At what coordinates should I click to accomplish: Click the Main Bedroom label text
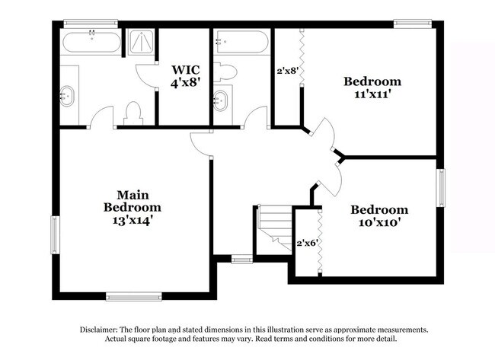click(x=133, y=200)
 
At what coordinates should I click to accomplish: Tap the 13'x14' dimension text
click(x=133, y=218)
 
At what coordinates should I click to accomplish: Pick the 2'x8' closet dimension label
click(x=286, y=71)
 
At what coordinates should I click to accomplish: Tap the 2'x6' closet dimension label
click(x=307, y=244)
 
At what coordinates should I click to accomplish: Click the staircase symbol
click(x=275, y=226)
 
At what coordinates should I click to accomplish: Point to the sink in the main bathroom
click(x=69, y=96)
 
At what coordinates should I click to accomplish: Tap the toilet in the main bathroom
click(x=133, y=113)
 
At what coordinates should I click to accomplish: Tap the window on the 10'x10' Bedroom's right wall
click(x=440, y=187)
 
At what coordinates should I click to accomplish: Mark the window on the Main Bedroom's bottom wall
click(x=133, y=297)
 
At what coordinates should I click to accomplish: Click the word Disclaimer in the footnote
click(x=101, y=330)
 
